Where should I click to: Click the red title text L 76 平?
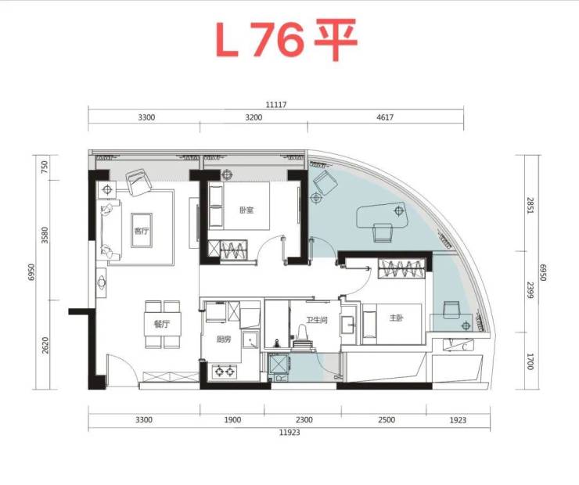286,39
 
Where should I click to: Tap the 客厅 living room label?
142,232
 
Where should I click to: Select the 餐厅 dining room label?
162,325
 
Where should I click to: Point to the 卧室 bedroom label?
246,210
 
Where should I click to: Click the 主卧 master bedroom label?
395,318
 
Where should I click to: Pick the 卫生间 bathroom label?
316,320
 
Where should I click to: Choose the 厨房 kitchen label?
224,339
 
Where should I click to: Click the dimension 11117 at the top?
276,105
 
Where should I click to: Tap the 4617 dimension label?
385,117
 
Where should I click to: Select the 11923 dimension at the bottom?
289,433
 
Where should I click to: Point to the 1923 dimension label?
458,419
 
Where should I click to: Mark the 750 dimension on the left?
45,167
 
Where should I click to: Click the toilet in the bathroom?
302,336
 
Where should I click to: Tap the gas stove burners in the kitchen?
225,371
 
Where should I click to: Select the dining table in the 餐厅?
163,325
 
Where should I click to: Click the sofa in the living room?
110,230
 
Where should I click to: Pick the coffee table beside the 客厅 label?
142,230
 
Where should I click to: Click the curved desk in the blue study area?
382,215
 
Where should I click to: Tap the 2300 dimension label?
304,419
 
